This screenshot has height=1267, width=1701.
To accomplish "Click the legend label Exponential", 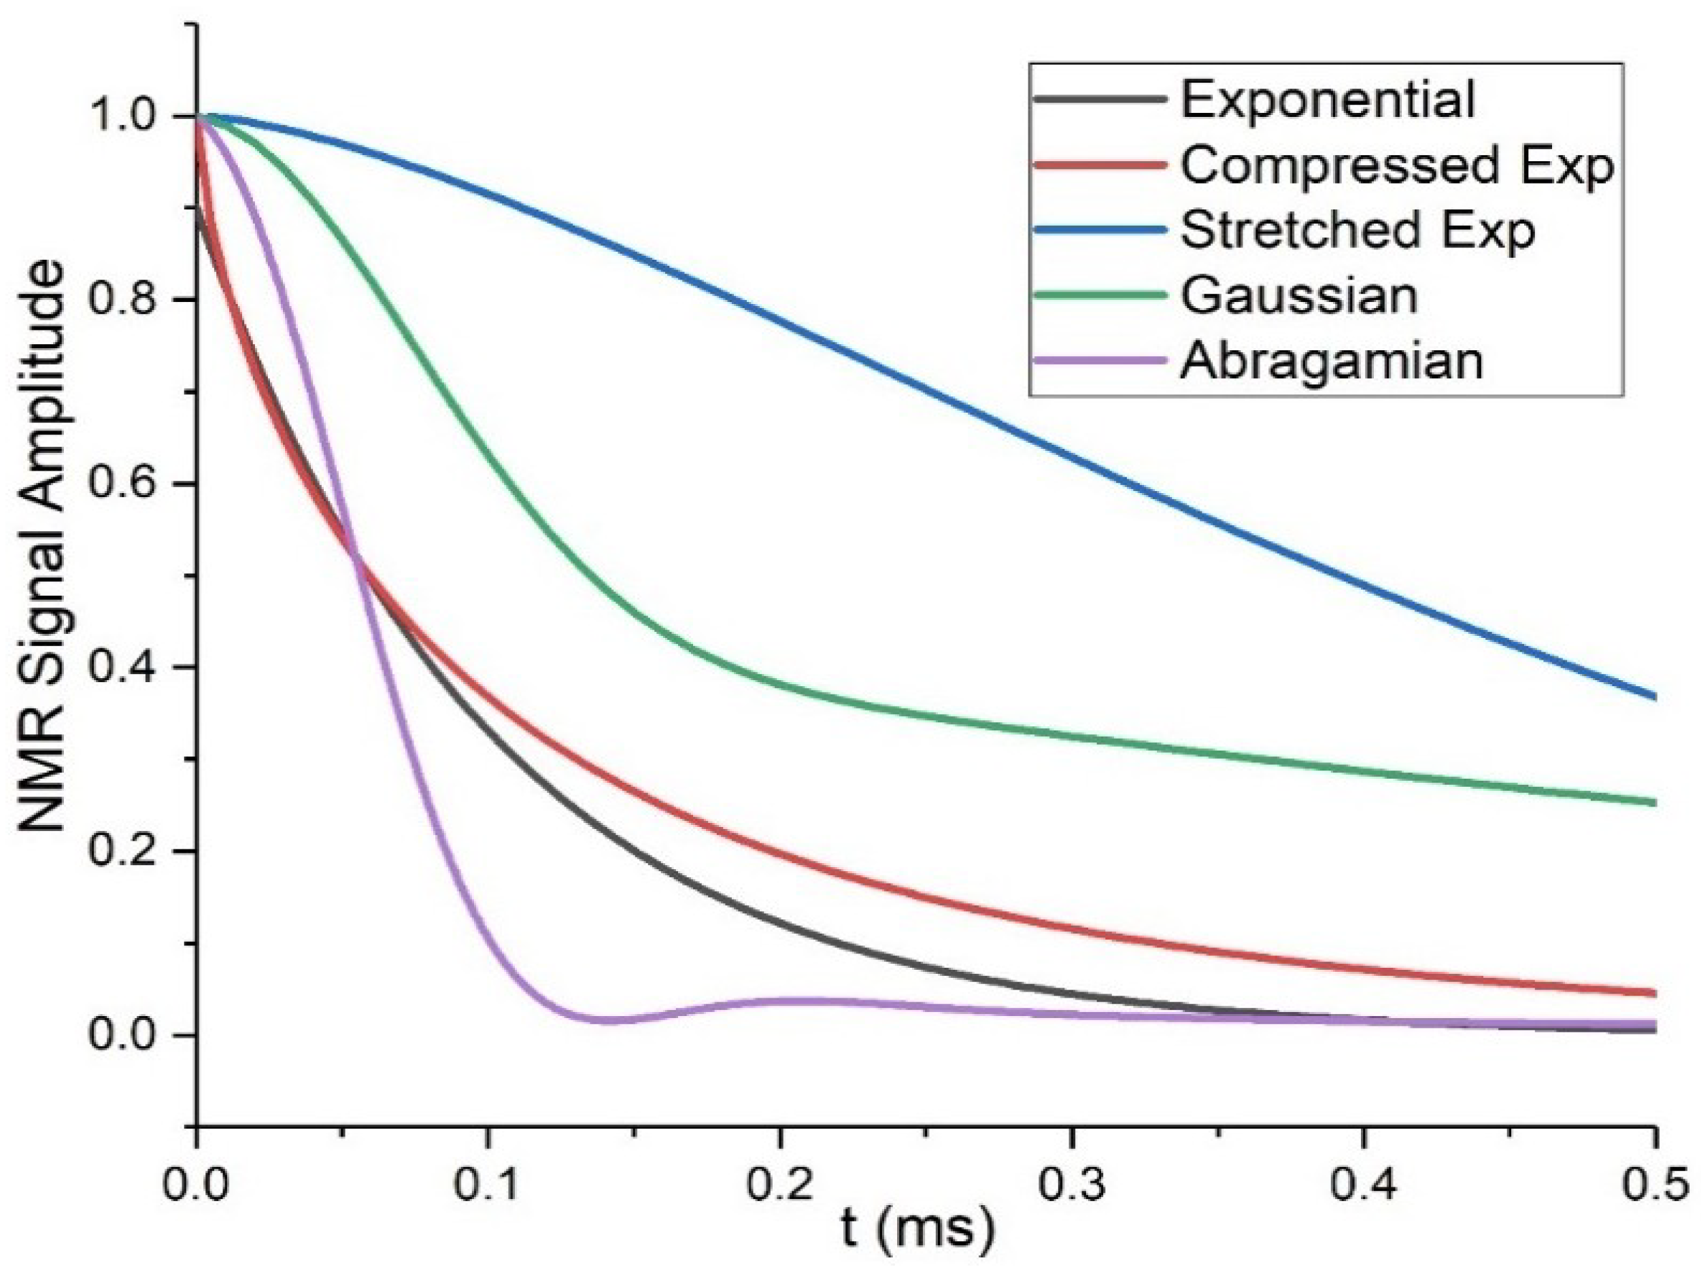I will click(x=1328, y=100).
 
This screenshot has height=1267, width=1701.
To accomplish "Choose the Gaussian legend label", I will click(x=1299, y=295).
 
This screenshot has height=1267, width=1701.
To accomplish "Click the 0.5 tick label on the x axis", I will click(x=1655, y=1185).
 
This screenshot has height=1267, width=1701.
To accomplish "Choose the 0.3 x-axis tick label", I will click(x=1071, y=1185).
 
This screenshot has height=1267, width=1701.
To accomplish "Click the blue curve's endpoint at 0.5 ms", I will click(x=1653, y=697).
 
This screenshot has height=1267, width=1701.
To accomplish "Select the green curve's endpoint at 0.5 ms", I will click(x=1653, y=803).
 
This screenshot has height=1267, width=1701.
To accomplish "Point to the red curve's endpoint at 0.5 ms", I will click(x=1653, y=993).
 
